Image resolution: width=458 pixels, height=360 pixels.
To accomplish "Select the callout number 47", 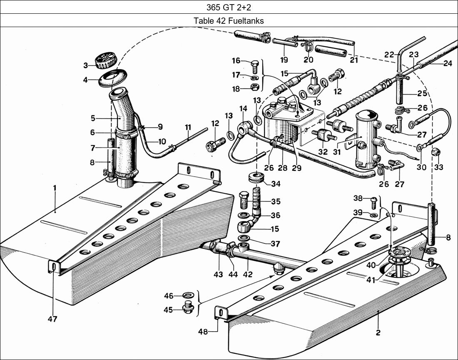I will [52, 320].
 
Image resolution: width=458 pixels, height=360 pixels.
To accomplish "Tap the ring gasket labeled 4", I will [111, 79].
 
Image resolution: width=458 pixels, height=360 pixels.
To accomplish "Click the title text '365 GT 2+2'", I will [229, 7].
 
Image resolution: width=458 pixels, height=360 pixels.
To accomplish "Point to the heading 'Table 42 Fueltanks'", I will [229, 21].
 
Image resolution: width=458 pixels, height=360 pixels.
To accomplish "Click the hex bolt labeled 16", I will [255, 66].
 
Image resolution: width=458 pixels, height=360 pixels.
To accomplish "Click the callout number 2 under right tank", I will [378, 332].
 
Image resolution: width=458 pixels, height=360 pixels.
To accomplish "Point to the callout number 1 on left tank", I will [55, 188].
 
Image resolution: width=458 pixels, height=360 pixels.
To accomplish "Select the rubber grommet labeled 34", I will [255, 178].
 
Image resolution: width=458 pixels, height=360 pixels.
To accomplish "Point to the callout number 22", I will [389, 55].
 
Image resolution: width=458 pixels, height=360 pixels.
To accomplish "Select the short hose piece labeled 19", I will [285, 42].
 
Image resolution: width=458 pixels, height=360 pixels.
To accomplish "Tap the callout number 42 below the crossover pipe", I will [248, 275].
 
